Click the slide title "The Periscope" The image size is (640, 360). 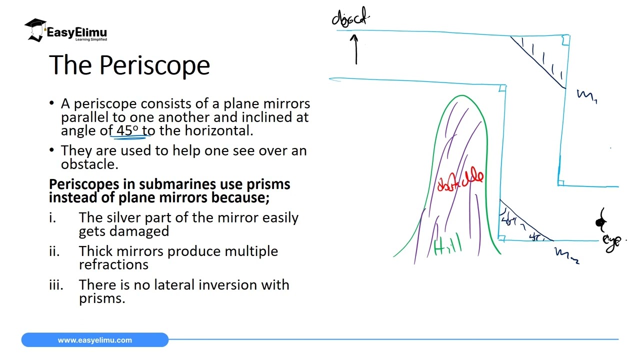pos(129,65)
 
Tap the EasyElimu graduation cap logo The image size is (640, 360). pos(35,29)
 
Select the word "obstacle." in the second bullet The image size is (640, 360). pos(89,164)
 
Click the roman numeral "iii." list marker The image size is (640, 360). pos(56,285)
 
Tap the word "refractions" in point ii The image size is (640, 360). pos(113,264)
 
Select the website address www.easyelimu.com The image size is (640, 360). pos(95,340)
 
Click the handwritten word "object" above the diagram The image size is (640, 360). pos(350,18)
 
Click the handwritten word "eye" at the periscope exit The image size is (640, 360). pos(612,241)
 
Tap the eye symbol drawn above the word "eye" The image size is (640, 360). pos(601,221)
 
